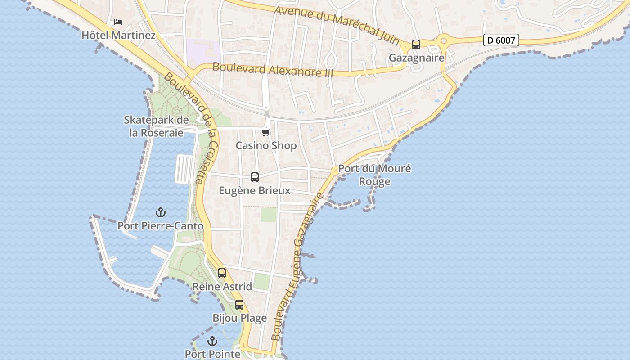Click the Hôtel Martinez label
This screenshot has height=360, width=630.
point(118,35)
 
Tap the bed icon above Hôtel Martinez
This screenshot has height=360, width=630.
point(118,22)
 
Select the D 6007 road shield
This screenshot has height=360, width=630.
point(501,40)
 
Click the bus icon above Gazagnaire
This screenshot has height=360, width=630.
point(416,45)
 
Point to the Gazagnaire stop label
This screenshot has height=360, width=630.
point(416,58)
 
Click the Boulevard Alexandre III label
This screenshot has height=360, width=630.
point(272,70)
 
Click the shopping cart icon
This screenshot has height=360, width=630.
point(266,132)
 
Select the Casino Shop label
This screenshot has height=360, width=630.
point(266,146)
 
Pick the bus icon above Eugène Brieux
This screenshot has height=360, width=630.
point(255,177)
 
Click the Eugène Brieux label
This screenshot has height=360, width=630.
point(255,191)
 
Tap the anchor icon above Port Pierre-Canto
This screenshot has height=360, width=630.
point(161,212)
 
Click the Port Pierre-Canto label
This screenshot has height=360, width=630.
point(161,226)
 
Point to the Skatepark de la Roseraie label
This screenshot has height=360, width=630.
point(156,126)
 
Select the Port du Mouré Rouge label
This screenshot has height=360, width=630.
point(375,175)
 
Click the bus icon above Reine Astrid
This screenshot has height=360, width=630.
point(222,273)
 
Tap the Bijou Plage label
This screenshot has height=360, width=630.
point(239,318)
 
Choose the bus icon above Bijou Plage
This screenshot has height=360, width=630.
point(239,305)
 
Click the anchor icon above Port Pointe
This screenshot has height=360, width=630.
point(212,341)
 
